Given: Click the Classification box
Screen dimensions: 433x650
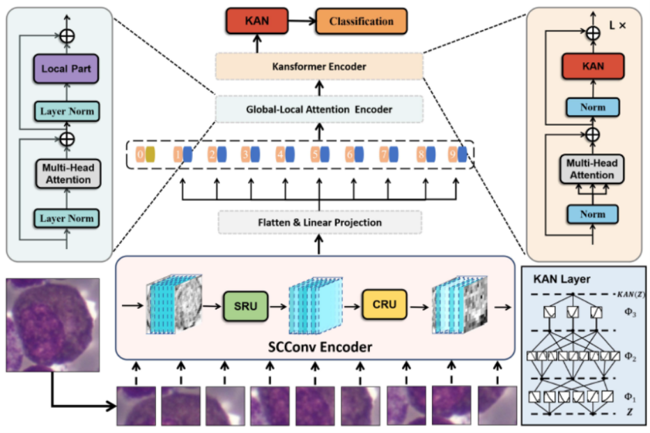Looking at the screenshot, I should pos(361,22).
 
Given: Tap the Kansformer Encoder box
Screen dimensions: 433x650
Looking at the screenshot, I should pos(319,66).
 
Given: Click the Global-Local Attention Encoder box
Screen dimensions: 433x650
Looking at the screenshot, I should pos(319,109).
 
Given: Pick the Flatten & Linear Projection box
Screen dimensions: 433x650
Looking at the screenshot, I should pos(320,222).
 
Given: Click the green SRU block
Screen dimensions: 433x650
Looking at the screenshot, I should pos(245,305).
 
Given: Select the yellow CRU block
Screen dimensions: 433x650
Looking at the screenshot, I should pos(384,305).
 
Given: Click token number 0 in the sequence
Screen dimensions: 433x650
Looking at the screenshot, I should pos(145,154).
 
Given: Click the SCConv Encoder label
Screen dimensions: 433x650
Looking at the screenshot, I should pos(320,346).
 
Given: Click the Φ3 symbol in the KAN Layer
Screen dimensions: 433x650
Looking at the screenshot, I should pos(629,314).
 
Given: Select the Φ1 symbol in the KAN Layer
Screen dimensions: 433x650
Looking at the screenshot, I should pos(629,395).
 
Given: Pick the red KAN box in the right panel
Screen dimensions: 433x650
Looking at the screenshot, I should pos(592,68).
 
